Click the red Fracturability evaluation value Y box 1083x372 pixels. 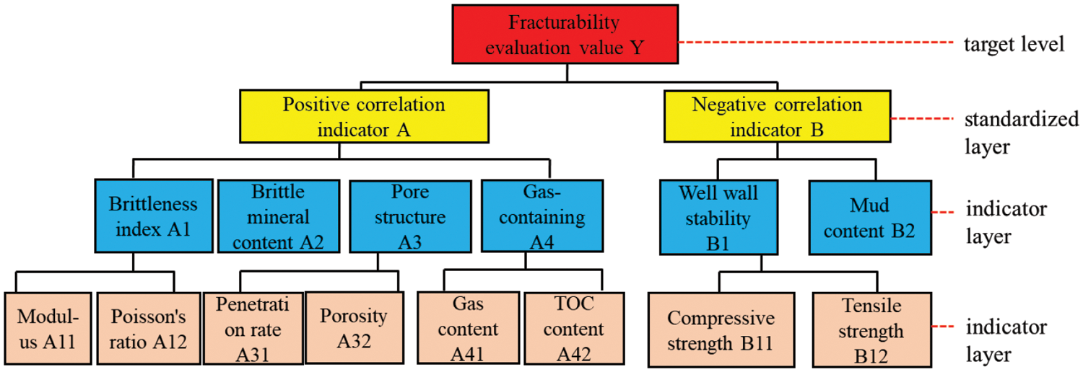(x=565, y=34)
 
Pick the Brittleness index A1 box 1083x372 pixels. (x=152, y=217)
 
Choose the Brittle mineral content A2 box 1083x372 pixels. (x=279, y=217)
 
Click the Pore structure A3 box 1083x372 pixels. (x=410, y=217)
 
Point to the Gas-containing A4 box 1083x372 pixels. (x=541, y=217)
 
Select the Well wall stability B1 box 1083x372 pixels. (x=720, y=217)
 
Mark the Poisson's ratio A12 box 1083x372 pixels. (x=148, y=329)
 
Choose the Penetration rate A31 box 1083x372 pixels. (x=252, y=328)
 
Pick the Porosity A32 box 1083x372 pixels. (x=353, y=328)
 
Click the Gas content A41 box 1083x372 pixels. (x=469, y=329)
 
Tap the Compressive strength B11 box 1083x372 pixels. (x=720, y=329)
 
